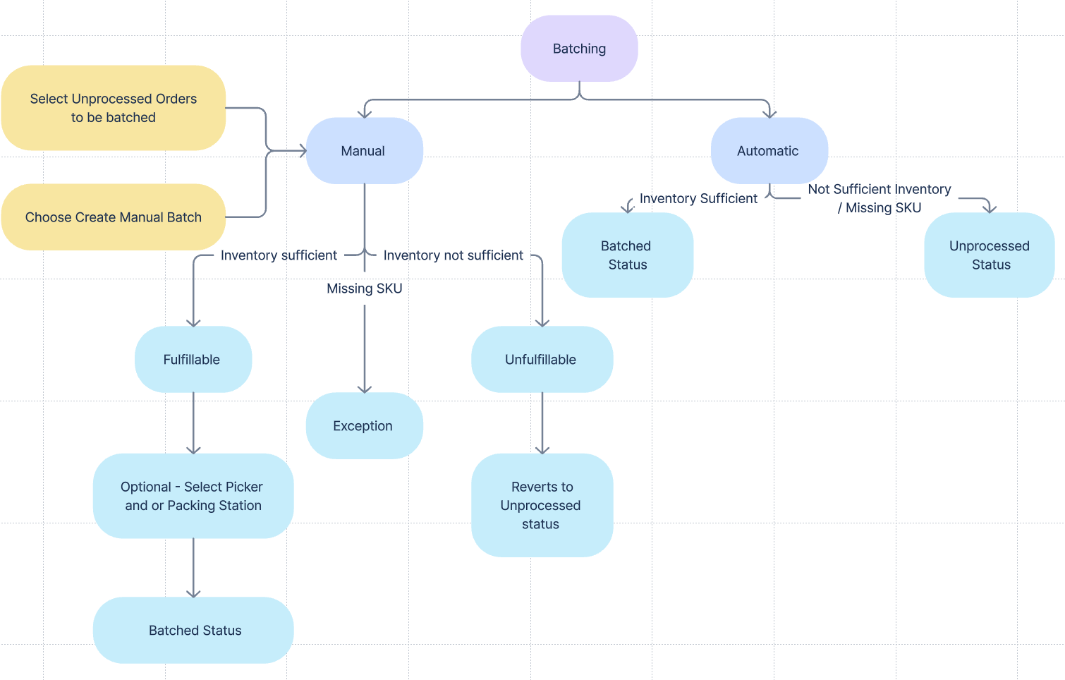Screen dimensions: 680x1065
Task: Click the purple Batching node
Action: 579,49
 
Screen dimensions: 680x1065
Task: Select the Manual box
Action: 364,151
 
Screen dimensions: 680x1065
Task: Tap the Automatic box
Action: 769,151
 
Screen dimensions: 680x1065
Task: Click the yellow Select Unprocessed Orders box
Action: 114,108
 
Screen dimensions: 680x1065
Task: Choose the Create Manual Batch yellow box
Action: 114,217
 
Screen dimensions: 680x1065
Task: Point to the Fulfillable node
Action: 193,360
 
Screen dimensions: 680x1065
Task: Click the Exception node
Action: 364,426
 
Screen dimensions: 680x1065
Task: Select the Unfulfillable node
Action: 542,360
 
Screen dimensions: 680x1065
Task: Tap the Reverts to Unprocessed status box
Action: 542,505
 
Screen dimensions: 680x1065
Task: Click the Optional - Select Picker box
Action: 193,496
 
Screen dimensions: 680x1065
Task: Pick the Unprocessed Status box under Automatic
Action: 990,255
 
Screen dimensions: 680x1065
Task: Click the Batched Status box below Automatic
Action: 627,255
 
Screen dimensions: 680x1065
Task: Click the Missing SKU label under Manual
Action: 365,289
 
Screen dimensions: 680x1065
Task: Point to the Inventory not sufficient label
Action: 454,255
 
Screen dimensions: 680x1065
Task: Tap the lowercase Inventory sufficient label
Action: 279,255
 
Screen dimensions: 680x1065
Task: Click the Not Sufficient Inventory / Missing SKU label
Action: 880,198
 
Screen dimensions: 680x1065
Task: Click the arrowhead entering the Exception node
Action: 365,389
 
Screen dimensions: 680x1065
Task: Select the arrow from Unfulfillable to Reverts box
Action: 542,423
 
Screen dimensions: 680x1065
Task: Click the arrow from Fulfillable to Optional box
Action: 193,423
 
